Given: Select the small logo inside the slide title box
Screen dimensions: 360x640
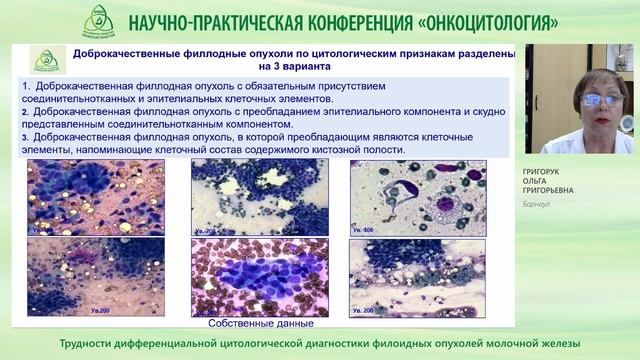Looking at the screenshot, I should [x=46, y=61].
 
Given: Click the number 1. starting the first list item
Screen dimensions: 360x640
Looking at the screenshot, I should [x=25, y=87].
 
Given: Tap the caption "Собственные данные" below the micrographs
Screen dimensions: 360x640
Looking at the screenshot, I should [x=261, y=323].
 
